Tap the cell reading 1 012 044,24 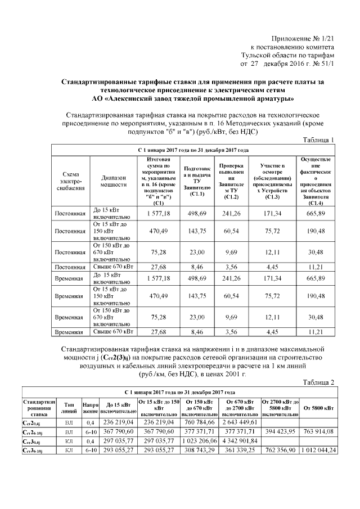tap(319, 451)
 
